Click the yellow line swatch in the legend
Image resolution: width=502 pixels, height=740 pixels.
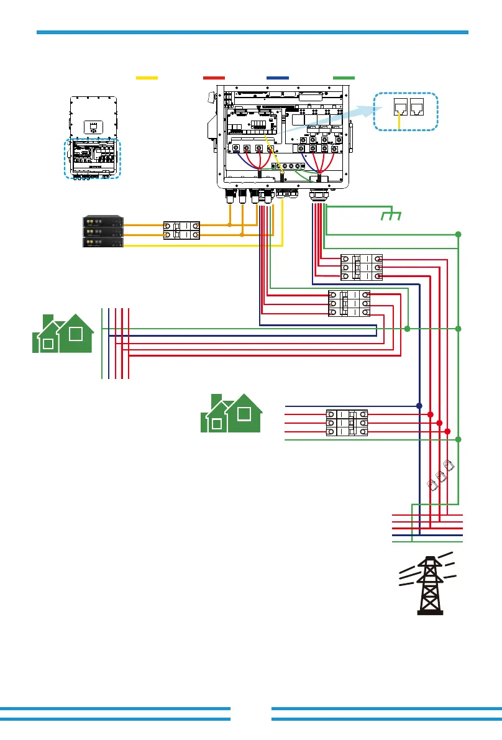[x=147, y=78]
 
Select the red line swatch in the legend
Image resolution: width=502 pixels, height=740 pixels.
[x=214, y=78]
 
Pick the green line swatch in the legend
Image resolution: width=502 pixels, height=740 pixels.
[x=344, y=78]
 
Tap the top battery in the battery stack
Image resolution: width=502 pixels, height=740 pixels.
[x=103, y=221]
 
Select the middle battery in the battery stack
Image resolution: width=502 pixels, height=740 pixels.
[x=103, y=232]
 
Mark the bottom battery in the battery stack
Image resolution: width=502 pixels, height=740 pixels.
[x=103, y=242]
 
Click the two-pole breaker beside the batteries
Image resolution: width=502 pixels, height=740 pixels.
[x=181, y=231]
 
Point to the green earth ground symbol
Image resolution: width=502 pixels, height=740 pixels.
[x=391, y=216]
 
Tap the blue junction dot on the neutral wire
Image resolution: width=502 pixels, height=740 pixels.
[x=419, y=406]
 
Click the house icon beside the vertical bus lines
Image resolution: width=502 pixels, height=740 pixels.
[x=63, y=334]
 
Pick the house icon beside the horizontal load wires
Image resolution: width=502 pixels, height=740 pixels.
[x=231, y=413]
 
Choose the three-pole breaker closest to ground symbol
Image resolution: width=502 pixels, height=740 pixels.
[x=361, y=267]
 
